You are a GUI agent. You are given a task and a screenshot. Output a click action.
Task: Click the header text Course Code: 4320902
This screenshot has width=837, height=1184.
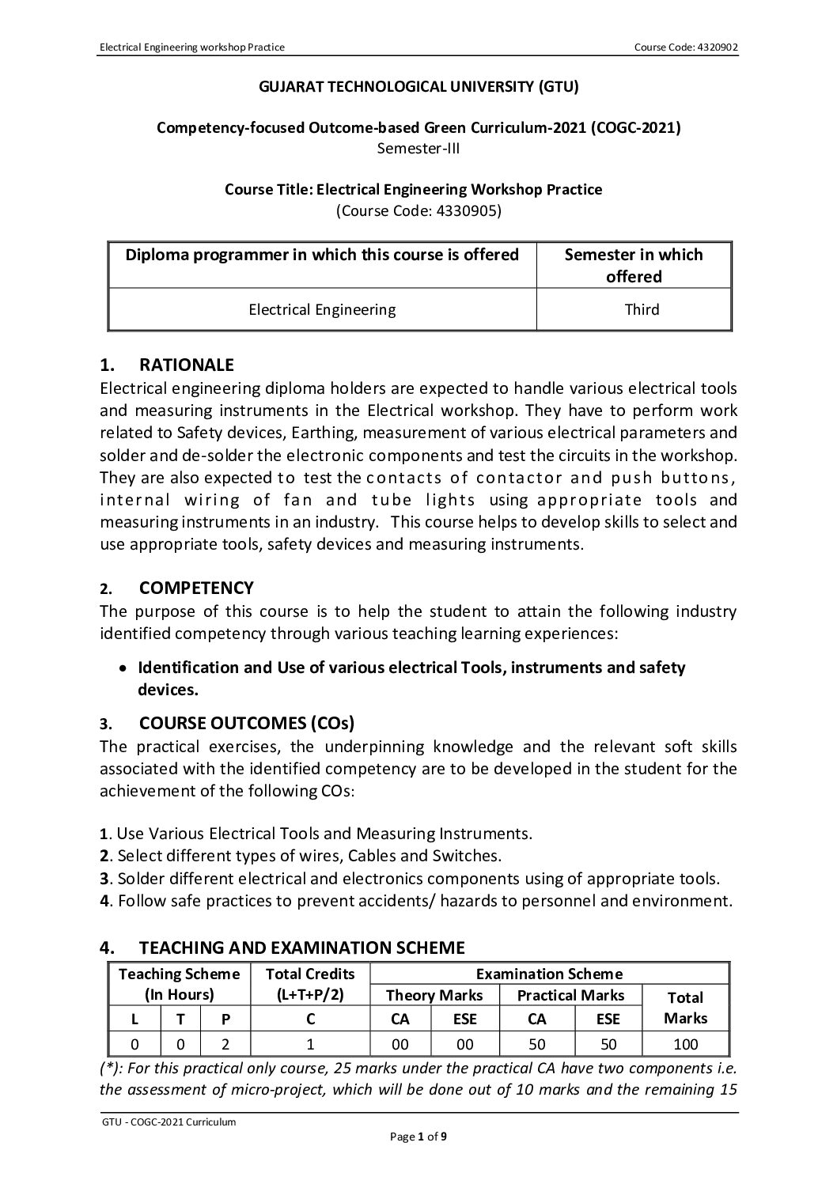coord(686,47)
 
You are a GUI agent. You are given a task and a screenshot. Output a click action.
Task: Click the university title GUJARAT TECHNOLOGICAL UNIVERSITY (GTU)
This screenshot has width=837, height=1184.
coord(419,87)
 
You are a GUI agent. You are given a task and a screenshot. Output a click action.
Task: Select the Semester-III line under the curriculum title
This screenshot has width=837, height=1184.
coord(419,148)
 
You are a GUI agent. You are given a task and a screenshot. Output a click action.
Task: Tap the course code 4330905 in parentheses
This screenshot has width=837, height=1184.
coord(418,211)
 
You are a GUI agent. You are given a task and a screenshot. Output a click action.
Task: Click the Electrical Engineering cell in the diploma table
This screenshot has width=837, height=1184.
coord(322,309)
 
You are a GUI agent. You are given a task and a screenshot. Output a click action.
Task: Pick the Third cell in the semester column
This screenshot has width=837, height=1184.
coord(642,309)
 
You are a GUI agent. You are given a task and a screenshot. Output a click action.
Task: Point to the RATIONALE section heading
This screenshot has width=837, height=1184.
coord(186,365)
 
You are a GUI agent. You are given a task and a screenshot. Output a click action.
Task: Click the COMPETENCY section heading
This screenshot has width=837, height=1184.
coord(196,588)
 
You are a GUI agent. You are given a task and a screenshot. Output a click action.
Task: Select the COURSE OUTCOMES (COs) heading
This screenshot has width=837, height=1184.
coord(247,723)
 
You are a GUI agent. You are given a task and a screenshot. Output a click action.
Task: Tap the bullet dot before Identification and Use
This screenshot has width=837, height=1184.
coord(121,668)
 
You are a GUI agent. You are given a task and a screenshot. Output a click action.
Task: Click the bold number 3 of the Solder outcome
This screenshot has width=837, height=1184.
coord(104,879)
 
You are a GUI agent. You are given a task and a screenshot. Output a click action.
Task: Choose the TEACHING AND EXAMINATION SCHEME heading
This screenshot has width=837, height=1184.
coord(301,947)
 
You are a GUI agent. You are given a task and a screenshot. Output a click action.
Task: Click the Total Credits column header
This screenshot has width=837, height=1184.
coord(310,983)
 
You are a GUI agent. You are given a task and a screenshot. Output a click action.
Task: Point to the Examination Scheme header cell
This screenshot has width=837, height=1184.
coord(549,974)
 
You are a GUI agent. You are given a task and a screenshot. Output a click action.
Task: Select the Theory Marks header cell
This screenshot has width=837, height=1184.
coord(434,995)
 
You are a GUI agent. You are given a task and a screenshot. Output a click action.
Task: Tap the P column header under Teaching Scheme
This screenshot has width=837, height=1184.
coord(225,1019)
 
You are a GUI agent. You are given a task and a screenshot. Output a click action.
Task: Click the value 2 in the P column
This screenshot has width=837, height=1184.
coord(225,1044)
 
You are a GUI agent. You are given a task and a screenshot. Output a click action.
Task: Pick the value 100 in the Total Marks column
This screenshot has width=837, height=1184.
coord(685,1044)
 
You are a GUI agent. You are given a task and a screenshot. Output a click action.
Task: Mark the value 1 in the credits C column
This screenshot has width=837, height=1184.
coord(310,1044)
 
